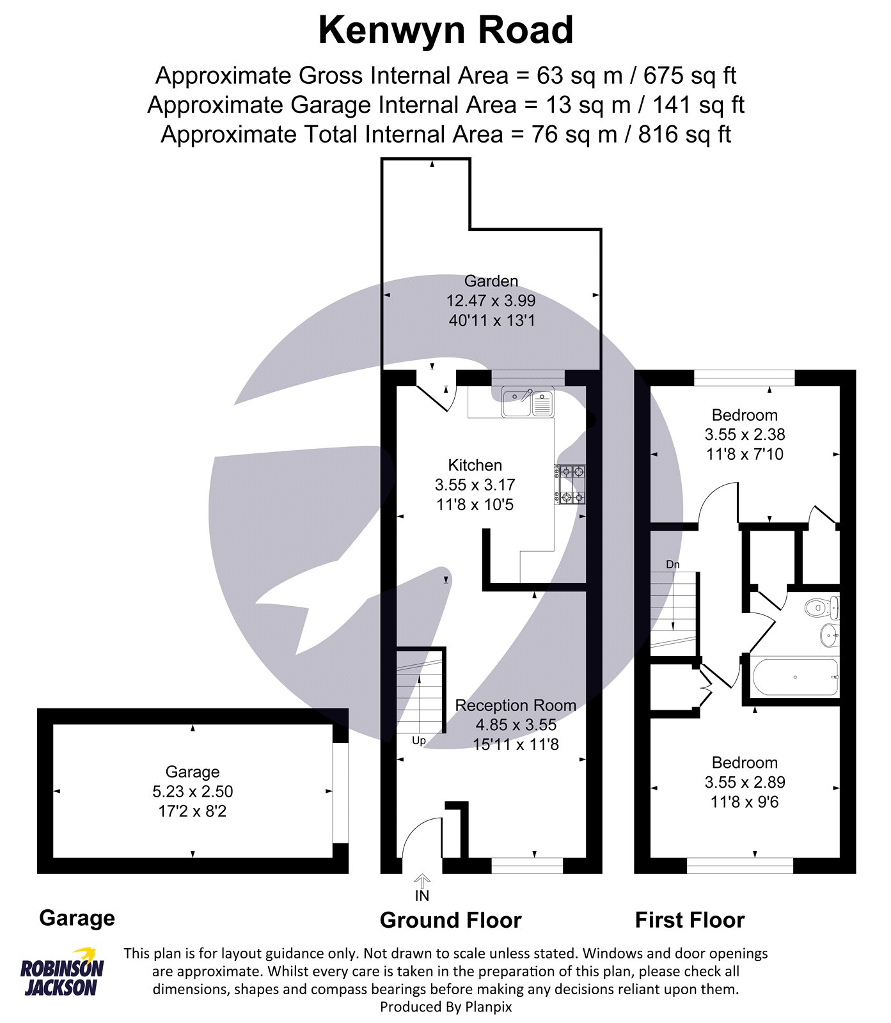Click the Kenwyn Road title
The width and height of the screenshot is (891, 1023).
click(446, 30)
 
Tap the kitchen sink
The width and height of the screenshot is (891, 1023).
click(528, 402)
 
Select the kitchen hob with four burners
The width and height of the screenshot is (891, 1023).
click(569, 484)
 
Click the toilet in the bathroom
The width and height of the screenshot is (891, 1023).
click(822, 607)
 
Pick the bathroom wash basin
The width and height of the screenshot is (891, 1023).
click(830, 634)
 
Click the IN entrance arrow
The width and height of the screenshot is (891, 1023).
click(422, 881)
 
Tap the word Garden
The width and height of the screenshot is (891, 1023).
click(491, 281)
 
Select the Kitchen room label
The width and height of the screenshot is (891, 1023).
click(475, 465)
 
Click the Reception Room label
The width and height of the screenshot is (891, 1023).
click(516, 705)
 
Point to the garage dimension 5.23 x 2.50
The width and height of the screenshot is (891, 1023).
click(193, 792)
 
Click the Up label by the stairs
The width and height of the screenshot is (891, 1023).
click(419, 740)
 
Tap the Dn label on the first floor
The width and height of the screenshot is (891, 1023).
click(673, 565)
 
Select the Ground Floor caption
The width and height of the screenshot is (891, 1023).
click(451, 920)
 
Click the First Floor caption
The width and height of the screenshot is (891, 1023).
click(690, 920)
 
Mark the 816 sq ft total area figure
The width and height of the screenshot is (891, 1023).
click(684, 134)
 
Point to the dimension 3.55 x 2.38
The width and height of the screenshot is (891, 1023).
click(745, 435)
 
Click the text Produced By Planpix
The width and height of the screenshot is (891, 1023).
click(446, 1007)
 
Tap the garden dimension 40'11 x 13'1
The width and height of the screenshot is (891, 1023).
click(491, 320)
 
